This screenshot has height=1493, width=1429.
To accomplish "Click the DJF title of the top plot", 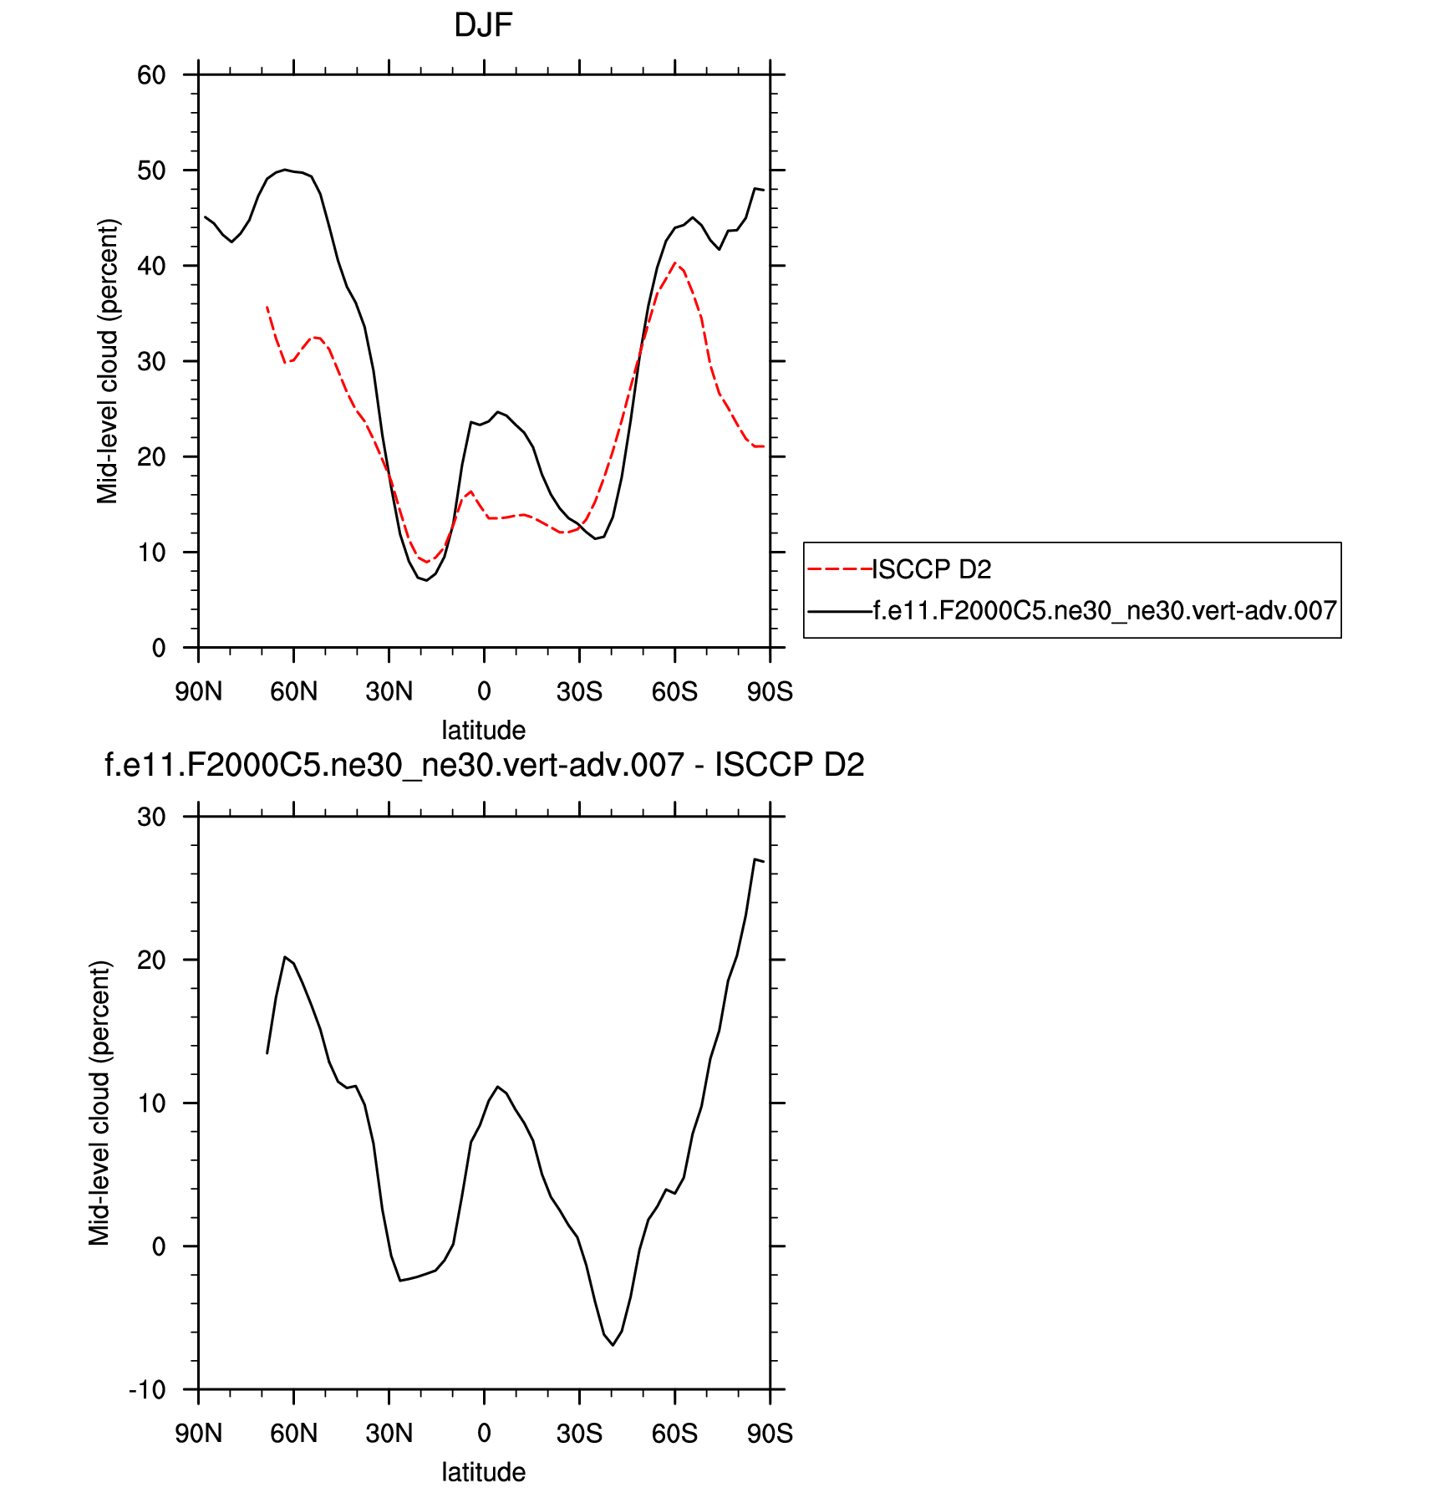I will (483, 26).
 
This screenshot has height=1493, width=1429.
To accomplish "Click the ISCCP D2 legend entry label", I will (932, 569).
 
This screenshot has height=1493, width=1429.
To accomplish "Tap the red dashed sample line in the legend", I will (839, 569).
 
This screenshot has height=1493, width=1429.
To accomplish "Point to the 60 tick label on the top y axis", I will (151, 75).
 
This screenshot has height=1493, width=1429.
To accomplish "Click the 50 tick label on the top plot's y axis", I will (151, 171).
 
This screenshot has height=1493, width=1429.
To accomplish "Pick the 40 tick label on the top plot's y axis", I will (151, 266).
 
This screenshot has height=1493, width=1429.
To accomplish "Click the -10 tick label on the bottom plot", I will (147, 1390).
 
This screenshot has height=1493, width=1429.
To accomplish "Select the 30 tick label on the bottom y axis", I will (151, 817).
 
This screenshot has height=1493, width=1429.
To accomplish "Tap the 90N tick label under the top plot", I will (198, 692).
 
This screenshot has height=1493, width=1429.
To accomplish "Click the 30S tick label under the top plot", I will (579, 692).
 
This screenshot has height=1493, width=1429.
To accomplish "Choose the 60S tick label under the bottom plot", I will (674, 1434).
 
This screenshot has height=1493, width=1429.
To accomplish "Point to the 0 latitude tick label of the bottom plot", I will (484, 1434).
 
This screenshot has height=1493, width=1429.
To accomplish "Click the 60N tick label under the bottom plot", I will (293, 1434).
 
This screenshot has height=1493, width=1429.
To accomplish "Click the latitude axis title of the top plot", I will (483, 730).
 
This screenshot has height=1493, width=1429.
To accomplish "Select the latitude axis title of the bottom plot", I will (483, 1472).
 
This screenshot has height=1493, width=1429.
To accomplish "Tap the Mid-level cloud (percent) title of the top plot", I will (108, 361).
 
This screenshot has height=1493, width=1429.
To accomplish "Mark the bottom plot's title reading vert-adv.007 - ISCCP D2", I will (484, 765).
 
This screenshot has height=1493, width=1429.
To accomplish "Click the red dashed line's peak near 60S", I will (675, 262).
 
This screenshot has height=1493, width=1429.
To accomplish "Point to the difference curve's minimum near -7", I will (613, 1345).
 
